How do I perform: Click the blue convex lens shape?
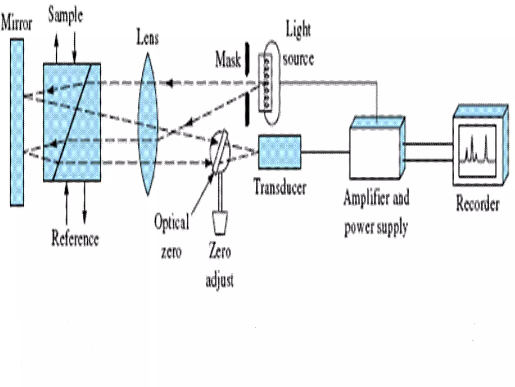148,123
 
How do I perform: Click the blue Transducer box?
280,152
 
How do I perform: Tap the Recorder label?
478,204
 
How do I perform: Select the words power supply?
376,227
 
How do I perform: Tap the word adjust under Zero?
220,280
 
